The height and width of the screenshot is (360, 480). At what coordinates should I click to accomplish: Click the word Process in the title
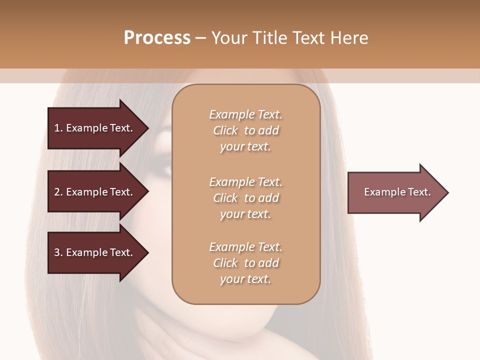click(157, 38)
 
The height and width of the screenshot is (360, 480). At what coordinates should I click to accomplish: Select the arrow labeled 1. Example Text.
click(95, 128)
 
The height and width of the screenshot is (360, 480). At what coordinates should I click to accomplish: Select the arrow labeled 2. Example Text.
click(95, 192)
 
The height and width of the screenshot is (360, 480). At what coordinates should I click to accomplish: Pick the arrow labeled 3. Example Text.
click(95, 252)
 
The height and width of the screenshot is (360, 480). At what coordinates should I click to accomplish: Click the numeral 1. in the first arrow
click(58, 128)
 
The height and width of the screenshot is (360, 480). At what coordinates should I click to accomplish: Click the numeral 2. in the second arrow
click(58, 192)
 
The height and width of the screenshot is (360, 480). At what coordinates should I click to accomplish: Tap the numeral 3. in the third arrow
click(58, 252)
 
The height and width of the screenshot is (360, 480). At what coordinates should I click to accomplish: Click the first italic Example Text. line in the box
click(245, 114)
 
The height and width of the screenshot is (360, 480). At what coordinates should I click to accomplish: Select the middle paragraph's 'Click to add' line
click(245, 198)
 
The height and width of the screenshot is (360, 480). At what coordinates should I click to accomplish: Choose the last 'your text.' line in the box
click(245, 279)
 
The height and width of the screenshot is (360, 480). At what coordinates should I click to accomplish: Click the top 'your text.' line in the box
click(245, 147)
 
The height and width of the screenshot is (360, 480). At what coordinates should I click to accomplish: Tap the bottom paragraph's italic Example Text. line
click(245, 247)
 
